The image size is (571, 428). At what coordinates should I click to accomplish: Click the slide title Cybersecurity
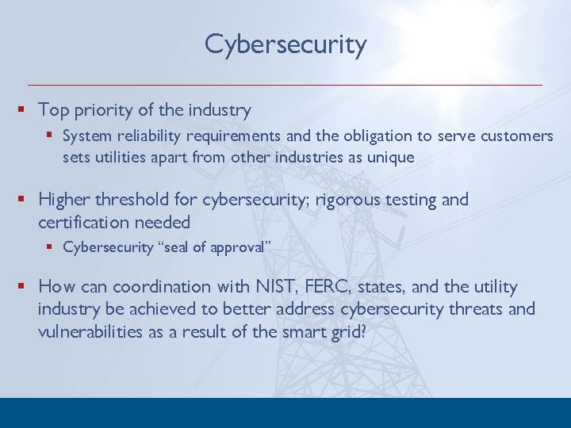285,44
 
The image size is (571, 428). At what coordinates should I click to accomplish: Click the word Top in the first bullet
53,110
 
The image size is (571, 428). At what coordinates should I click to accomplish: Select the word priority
105,110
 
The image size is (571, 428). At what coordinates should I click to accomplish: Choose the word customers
516,136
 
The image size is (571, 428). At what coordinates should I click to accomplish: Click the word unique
392,157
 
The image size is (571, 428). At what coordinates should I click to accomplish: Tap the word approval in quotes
238,247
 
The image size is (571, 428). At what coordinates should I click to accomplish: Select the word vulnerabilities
91,331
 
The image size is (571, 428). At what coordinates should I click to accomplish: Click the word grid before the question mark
345,331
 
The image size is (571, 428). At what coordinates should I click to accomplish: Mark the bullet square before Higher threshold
29,200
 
